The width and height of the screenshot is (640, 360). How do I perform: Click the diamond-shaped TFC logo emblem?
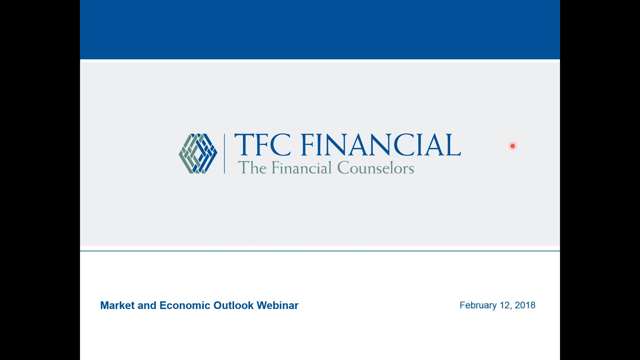198,154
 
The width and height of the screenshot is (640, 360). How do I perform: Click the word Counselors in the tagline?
376,168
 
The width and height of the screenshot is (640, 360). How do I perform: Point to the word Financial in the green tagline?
302,168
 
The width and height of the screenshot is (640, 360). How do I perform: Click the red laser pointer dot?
513,146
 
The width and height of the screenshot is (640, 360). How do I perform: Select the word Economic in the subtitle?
185,305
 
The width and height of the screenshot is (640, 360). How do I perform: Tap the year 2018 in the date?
525,305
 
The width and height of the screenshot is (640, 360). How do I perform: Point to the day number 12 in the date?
505,305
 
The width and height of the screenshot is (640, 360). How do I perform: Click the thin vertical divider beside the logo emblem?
224,154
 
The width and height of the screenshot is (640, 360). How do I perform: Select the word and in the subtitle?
147,305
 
